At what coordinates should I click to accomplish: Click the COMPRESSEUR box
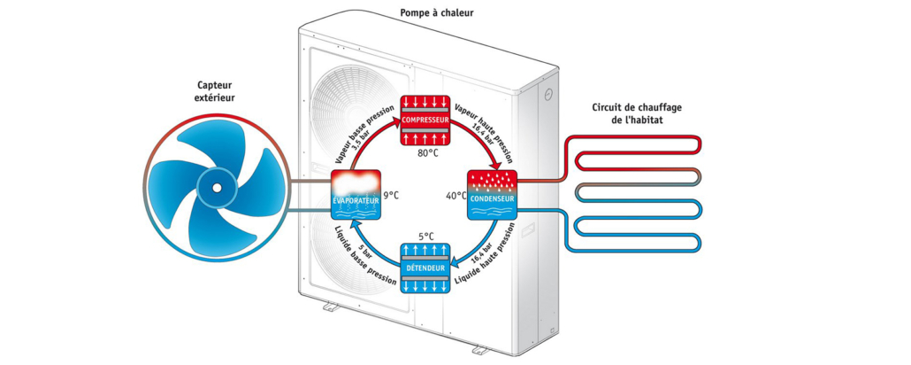(427, 120)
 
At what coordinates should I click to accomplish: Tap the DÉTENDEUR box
(427, 268)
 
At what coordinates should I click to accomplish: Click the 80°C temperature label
(427, 153)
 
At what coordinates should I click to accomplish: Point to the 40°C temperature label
(455, 195)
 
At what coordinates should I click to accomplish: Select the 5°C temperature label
(427, 237)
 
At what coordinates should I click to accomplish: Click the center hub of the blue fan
(215, 189)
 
